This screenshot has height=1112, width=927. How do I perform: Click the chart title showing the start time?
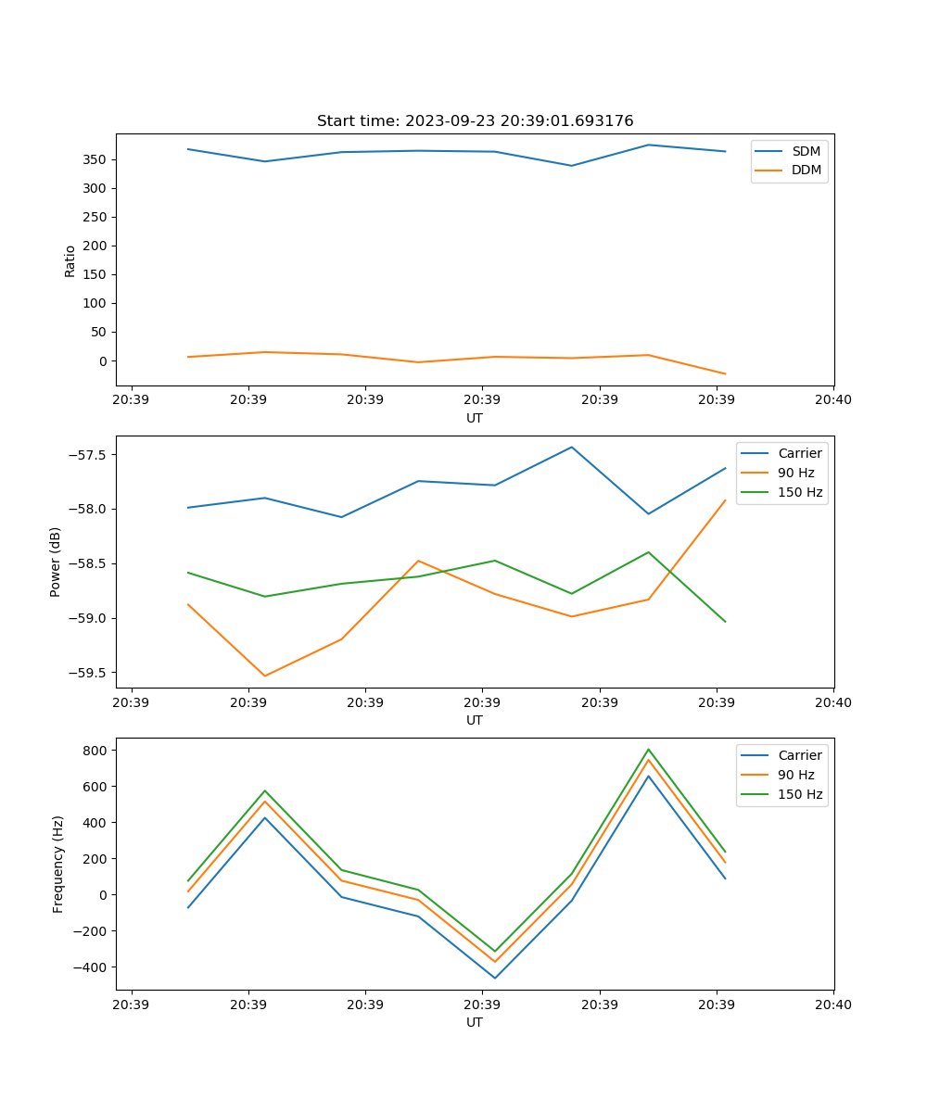(x=475, y=121)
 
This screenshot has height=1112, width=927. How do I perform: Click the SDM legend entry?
(x=806, y=151)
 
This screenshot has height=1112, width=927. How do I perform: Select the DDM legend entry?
(x=806, y=170)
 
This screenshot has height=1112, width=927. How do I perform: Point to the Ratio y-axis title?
(x=70, y=260)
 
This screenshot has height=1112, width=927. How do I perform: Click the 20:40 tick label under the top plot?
(x=832, y=399)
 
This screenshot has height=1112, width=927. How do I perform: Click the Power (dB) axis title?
(x=56, y=562)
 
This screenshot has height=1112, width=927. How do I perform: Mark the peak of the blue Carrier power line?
(x=572, y=447)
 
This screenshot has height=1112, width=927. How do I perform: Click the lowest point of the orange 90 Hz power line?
(x=265, y=676)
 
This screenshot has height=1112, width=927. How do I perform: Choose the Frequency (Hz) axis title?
(x=58, y=864)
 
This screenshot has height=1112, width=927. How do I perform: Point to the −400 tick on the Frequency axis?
(x=93, y=967)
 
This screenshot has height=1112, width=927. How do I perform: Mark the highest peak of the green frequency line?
(x=649, y=749)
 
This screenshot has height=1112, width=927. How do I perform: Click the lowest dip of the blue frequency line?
(x=495, y=978)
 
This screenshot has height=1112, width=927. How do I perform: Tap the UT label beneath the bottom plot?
(x=475, y=1022)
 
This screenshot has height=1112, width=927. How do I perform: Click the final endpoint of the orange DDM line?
(x=725, y=374)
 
